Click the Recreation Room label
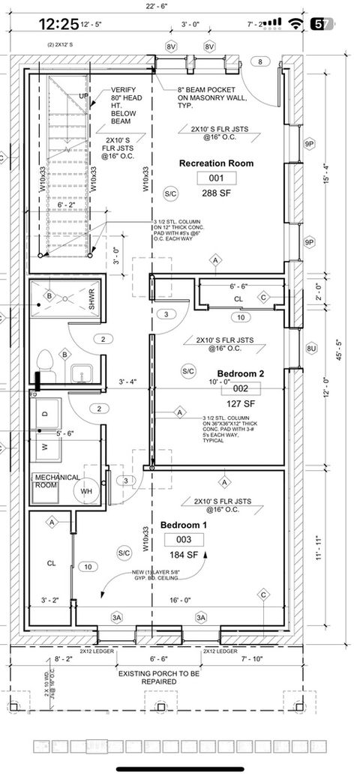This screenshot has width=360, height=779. click(216, 163)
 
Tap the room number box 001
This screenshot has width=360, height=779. click(216, 178)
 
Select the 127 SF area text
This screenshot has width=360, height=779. click(241, 402)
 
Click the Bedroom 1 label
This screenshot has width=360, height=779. click(184, 526)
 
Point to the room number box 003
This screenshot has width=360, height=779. click(184, 540)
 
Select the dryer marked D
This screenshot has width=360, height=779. click(46, 413)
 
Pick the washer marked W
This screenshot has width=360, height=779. click(46, 447)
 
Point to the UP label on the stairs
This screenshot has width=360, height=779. click(84, 97)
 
